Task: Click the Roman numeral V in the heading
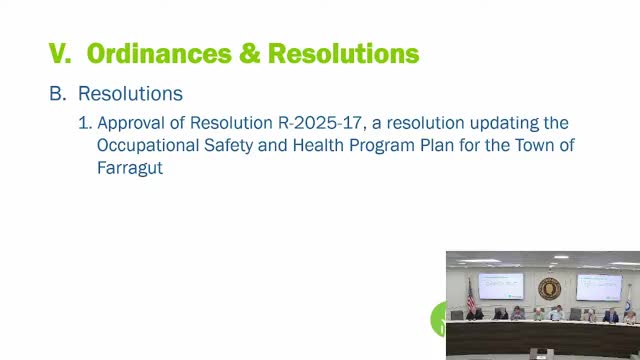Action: pyautogui.click(x=58, y=51)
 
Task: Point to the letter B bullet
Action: pyautogui.click(x=56, y=94)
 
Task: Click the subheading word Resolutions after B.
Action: pyautogui.click(x=130, y=94)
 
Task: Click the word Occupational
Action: pyautogui.click(x=147, y=146)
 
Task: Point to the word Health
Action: pyautogui.click(x=321, y=146)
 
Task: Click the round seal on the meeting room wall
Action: pyautogui.click(x=548, y=288)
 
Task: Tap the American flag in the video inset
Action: pyautogui.click(x=470, y=293)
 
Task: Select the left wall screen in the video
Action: pyautogui.click(x=501, y=285)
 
